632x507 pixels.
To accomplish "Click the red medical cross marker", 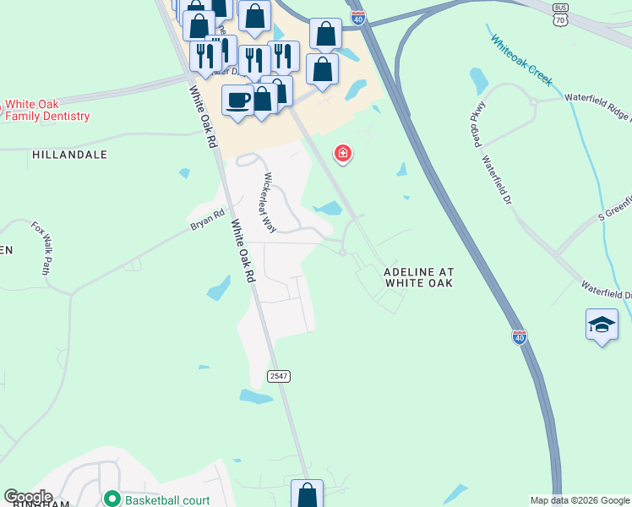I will [343, 153].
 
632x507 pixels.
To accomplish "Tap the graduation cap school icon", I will [602, 324].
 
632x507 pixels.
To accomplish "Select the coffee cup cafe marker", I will [237, 100].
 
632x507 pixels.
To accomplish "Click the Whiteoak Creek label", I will [521, 61].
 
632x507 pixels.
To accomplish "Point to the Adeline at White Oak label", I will [419, 278].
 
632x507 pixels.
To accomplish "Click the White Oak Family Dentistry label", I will [47, 110].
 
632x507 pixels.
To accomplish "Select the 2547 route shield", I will [279, 375].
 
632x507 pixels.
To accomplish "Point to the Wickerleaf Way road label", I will [267, 203].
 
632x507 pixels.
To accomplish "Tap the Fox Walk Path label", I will [41, 248].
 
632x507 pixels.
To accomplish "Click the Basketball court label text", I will [167, 500].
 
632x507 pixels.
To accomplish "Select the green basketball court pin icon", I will [112, 499].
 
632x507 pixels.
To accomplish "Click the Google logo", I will [28, 497].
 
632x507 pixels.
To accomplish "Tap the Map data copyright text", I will [580, 500].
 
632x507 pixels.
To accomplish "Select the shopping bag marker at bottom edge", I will [307, 494].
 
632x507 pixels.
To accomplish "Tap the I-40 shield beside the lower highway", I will [520, 336].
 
